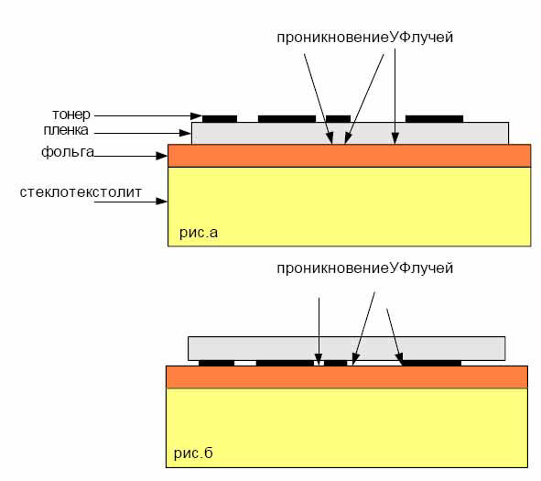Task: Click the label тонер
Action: tap(71, 115)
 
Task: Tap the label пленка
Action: tap(66, 130)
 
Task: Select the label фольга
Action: tap(68, 152)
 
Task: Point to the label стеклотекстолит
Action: tap(81, 192)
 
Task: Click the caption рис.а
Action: tap(199, 233)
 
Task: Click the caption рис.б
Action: tap(193, 453)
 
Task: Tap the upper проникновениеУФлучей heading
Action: tap(364, 38)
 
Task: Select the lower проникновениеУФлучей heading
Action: tap(364, 268)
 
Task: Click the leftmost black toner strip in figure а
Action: tap(220, 119)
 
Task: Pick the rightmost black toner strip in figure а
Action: tap(434, 119)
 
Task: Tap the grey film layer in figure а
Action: tap(350, 133)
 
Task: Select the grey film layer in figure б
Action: tap(346, 348)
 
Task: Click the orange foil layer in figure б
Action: tap(347, 377)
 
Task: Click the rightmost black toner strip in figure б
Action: tap(432, 363)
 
